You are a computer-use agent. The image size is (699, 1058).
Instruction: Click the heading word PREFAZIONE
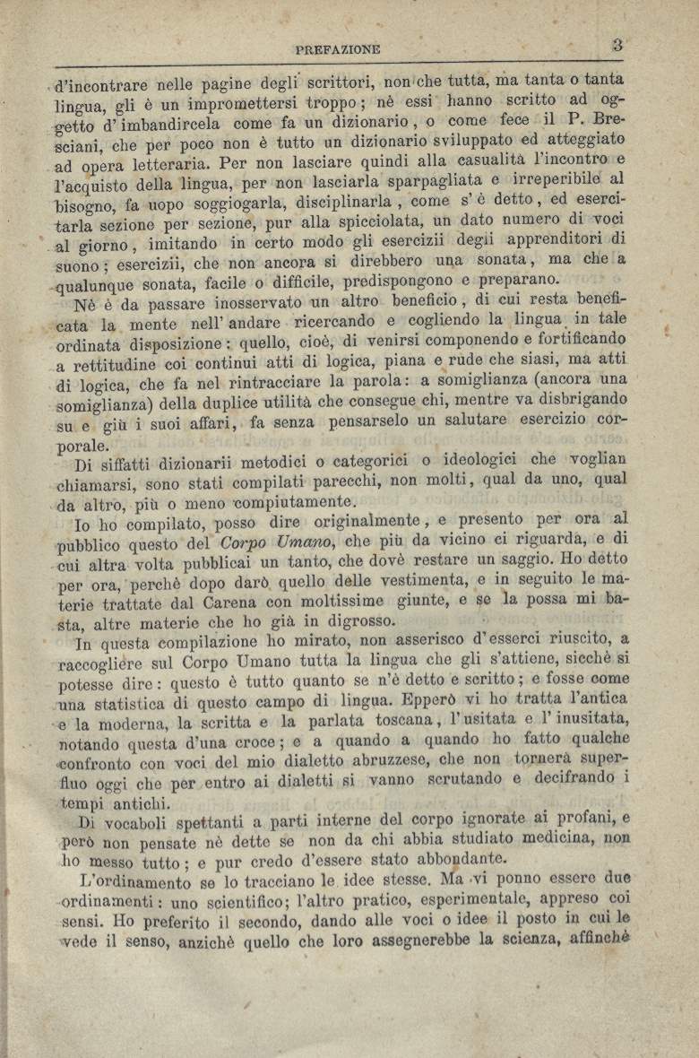coord(337,49)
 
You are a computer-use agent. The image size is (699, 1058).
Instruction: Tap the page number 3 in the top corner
coord(617,43)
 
